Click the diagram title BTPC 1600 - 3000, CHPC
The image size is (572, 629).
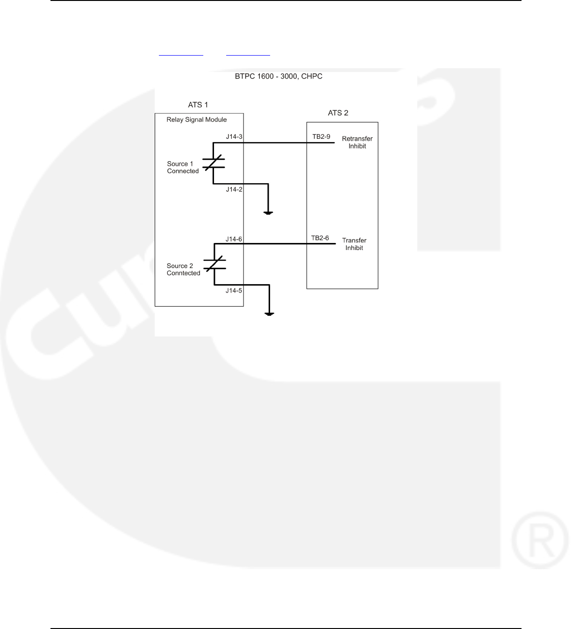point(279,76)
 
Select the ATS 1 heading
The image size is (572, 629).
point(198,105)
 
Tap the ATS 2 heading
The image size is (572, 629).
point(338,113)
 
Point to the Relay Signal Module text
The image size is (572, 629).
point(197,120)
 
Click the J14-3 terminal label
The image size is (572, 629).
point(234,137)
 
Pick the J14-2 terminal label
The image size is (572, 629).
point(234,189)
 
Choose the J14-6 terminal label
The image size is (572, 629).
point(234,239)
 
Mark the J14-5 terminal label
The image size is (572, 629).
point(234,291)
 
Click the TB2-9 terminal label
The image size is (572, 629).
point(321,137)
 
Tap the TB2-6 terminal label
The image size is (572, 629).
point(320,238)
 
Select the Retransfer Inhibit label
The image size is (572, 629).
point(357,142)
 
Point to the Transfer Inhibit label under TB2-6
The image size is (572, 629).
point(354,244)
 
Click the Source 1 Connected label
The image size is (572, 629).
point(183,167)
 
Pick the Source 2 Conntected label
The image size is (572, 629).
point(183,269)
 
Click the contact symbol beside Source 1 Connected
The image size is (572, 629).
point(214,163)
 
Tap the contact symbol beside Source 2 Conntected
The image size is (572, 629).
point(214,264)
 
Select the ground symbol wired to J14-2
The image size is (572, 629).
point(268,213)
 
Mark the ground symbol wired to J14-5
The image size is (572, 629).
point(269,314)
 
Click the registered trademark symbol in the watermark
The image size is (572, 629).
point(540,540)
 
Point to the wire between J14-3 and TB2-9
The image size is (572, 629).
point(276,143)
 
